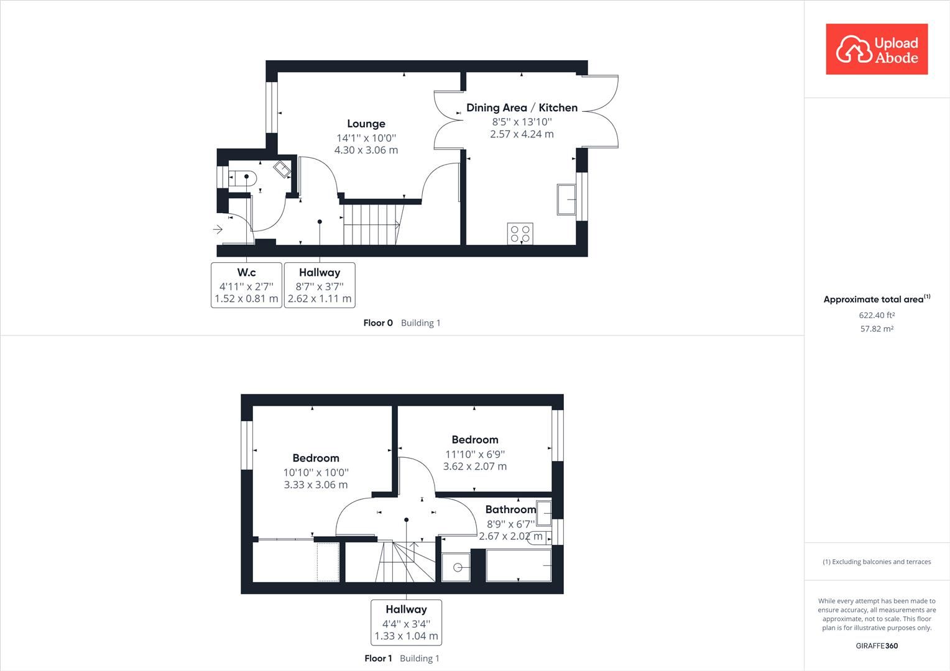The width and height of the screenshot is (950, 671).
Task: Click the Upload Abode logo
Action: click(877, 49)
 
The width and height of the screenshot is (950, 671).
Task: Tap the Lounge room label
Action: click(366, 124)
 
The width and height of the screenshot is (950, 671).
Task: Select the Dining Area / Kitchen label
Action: click(522, 107)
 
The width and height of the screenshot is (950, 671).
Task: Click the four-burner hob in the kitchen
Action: click(520, 233)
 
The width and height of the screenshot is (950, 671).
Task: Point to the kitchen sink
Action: click(566, 199)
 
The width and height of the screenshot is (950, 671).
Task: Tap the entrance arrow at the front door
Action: click(218, 230)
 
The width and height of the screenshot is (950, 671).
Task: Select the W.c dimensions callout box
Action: click(246, 285)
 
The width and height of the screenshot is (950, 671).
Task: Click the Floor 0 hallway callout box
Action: click(320, 285)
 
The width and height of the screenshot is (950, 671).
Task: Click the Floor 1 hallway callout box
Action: click(406, 622)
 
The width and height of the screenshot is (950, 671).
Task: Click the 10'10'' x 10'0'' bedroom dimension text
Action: click(316, 472)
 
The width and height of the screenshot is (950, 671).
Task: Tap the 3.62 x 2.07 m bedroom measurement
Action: click(475, 466)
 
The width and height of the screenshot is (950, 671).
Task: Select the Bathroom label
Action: click(510, 509)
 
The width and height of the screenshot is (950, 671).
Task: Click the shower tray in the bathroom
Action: click(456, 567)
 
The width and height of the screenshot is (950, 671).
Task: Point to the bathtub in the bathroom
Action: click(519, 565)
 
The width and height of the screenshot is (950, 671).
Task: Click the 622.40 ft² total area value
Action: click(877, 315)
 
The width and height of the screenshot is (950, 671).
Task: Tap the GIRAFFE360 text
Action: click(877, 646)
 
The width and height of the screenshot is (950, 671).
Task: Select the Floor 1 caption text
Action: click(378, 658)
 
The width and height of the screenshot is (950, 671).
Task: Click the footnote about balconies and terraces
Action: click(877, 562)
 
